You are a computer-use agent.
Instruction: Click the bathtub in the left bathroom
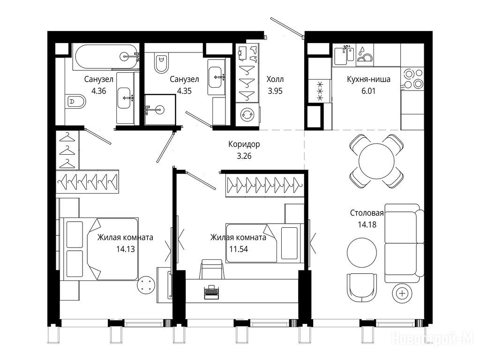pyautogui.click(x=105, y=57)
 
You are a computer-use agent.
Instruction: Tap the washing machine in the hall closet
pyautogui.click(x=247, y=114)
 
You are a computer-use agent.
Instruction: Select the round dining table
pyautogui.click(x=376, y=161)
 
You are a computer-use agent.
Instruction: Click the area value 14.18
pyautogui.click(x=367, y=225)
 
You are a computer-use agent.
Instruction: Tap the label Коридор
pyautogui.click(x=244, y=144)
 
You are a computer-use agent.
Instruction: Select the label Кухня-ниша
pyautogui.click(x=368, y=79)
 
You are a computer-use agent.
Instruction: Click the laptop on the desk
pyautogui.click(x=211, y=292)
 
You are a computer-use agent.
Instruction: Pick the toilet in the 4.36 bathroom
pyautogui.click(x=75, y=101)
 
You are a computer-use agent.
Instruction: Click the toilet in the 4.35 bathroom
pyautogui.click(x=161, y=63)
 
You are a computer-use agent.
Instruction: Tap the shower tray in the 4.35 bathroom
pyautogui.click(x=160, y=110)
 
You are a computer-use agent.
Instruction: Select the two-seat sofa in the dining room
pyautogui.click(x=404, y=243)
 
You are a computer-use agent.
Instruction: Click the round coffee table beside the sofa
pyautogui.click(x=362, y=253)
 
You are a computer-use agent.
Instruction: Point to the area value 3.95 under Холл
pyautogui.click(x=275, y=91)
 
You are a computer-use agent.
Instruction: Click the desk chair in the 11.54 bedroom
pyautogui.click(x=211, y=270)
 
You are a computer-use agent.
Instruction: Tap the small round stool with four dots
pyautogui.click(x=146, y=285)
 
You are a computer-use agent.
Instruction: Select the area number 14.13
pyautogui.click(x=126, y=249)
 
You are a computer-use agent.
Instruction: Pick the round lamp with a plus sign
pyautogui.click(x=402, y=293)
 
